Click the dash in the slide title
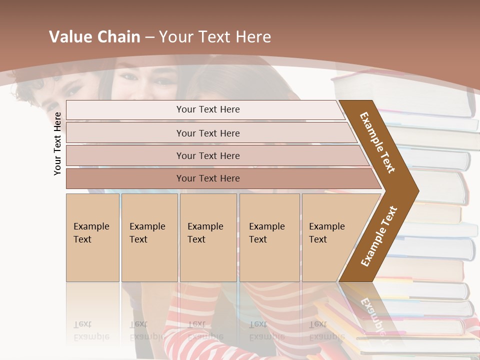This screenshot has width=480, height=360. click(x=149, y=37)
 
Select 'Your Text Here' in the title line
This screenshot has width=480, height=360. click(x=214, y=37)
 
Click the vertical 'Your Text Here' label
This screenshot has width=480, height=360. click(x=57, y=143)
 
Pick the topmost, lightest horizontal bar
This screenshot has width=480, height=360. click(x=207, y=109)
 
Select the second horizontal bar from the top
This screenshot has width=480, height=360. click(x=207, y=133)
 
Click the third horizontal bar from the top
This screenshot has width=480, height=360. click(x=207, y=156)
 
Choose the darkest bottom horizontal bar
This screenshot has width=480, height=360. click(x=207, y=178)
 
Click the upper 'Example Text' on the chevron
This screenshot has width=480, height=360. click(x=377, y=142)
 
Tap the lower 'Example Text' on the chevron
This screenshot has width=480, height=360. click(x=378, y=236)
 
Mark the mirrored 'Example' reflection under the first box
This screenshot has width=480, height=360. click(x=91, y=336)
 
